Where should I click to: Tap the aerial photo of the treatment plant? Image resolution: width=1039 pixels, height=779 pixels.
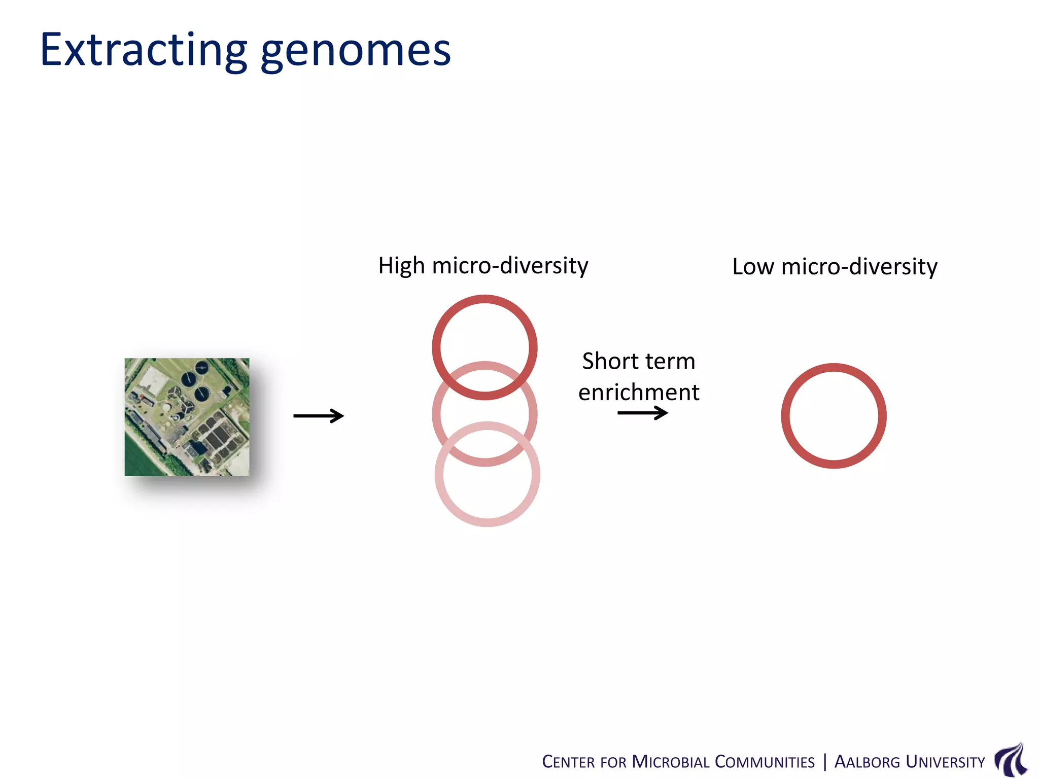187,417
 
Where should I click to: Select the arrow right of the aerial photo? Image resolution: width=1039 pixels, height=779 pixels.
319,416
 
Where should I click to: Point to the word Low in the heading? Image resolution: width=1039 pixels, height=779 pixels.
753,267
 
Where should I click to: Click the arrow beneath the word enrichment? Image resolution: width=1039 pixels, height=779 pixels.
642,413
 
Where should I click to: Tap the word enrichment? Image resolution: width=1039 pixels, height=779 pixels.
639,393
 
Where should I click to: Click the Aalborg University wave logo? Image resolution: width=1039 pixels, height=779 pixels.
1011,759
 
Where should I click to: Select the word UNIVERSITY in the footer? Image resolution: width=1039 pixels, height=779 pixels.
945,762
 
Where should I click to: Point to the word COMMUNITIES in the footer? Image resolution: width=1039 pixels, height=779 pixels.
765,762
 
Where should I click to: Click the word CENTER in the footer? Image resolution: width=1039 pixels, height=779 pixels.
568,762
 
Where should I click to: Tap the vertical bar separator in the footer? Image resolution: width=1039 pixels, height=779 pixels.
825,762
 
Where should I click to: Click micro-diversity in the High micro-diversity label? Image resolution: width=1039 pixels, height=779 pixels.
510,266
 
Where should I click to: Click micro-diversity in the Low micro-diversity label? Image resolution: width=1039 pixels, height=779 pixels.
859,267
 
